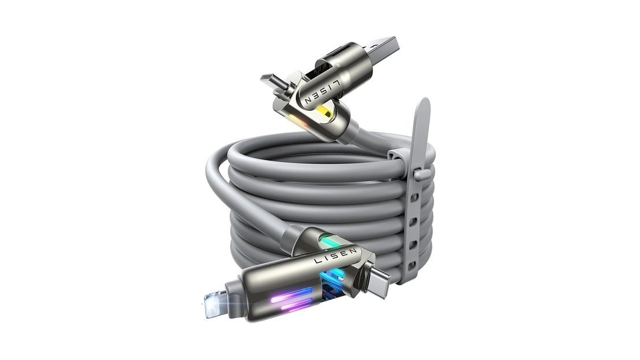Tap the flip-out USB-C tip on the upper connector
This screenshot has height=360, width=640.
271,81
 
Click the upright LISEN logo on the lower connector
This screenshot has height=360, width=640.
335,256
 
